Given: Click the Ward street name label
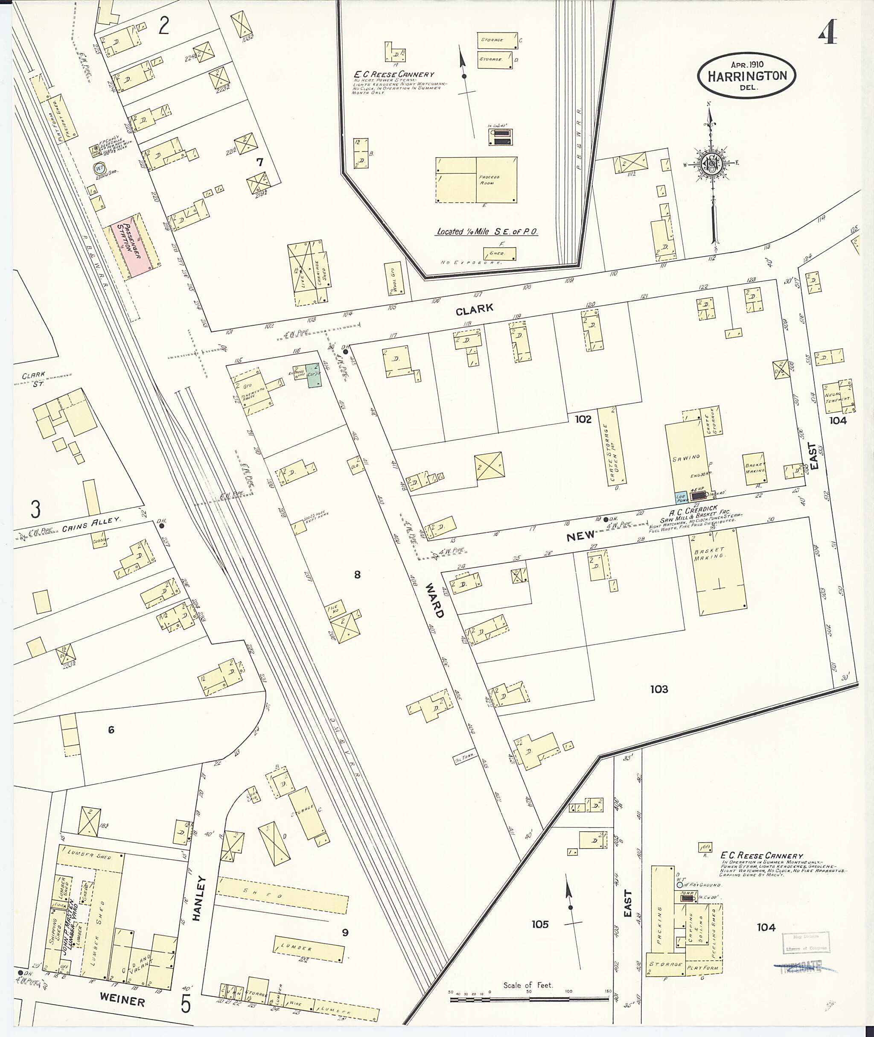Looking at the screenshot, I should (x=434, y=600).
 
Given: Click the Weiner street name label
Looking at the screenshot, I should (x=122, y=1001).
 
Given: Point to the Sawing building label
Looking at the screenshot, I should (x=686, y=457).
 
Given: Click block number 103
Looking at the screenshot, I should (x=659, y=689).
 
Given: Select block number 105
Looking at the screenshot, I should (x=540, y=924).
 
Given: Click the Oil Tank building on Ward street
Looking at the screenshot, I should (x=464, y=758).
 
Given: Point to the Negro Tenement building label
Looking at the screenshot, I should (x=838, y=395).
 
